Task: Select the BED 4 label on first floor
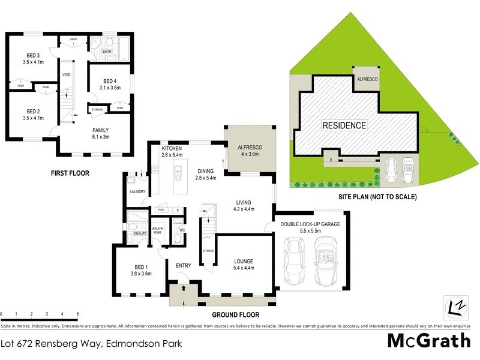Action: coord(110,81)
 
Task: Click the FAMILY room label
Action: coord(100,130)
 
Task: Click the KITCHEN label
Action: coord(172,148)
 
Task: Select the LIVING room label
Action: coord(244,202)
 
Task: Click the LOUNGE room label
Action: coord(244,262)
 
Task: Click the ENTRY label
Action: coord(184,266)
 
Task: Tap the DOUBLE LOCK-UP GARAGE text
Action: coord(310,224)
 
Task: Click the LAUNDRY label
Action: coord(138,191)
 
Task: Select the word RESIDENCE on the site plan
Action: coord(344,125)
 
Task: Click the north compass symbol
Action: coord(456,307)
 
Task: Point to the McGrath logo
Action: coord(428,341)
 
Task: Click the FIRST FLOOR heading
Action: coord(70,173)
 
